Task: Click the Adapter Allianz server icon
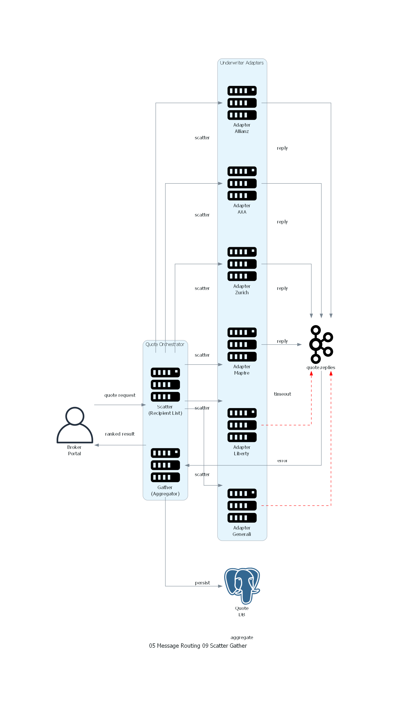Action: tap(242, 103)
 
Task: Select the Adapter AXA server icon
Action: tap(242, 183)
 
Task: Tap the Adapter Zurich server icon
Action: tap(242, 264)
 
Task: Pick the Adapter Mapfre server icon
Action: tap(242, 345)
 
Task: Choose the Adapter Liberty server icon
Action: tap(242, 425)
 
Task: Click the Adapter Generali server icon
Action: tap(242, 506)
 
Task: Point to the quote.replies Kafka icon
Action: tap(321, 345)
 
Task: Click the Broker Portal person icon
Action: tap(75, 425)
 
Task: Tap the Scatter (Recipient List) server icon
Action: tap(165, 385)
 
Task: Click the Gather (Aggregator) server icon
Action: tap(165, 465)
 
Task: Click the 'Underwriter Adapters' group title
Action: tap(242, 63)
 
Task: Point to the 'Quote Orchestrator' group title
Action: tap(165, 344)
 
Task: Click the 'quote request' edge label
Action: tap(120, 395)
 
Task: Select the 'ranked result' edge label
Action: tap(120, 434)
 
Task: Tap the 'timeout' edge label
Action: tap(282, 394)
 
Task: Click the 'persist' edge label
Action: tap(202, 583)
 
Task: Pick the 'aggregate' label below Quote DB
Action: tap(242, 637)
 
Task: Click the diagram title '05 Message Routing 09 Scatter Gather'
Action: tap(198, 646)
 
